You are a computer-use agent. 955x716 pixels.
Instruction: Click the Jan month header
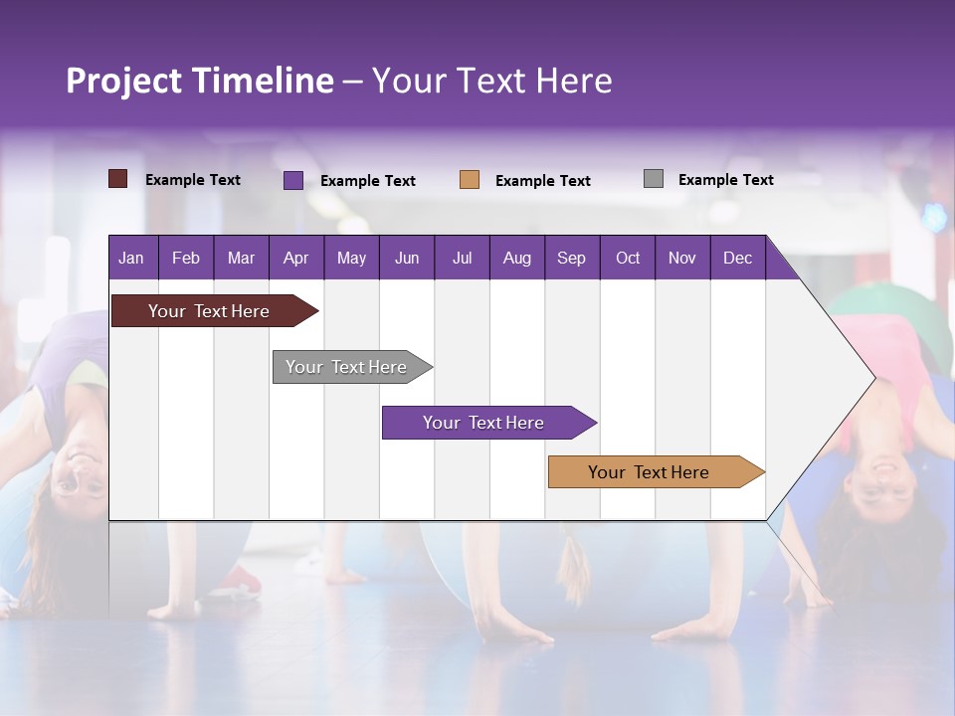coord(131,258)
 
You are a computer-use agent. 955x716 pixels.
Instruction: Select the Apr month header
coord(295,258)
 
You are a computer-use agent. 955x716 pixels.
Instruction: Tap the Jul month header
coord(462,258)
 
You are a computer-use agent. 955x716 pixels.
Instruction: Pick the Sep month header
coord(571,258)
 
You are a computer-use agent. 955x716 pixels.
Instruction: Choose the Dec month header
coord(737,258)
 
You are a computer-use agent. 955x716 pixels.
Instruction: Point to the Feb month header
coord(186,258)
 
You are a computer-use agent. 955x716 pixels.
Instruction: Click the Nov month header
coord(681,258)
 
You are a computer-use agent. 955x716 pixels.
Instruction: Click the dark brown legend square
coord(118,179)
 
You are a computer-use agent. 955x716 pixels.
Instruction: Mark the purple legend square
coord(293,180)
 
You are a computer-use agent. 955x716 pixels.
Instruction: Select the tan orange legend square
coord(470,180)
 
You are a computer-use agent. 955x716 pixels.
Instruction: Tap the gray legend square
coord(654,179)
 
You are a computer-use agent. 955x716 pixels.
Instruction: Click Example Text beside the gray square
coord(725,180)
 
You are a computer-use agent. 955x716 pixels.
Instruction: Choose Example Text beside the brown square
coord(192,180)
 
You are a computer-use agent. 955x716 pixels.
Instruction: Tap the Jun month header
coord(407,258)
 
